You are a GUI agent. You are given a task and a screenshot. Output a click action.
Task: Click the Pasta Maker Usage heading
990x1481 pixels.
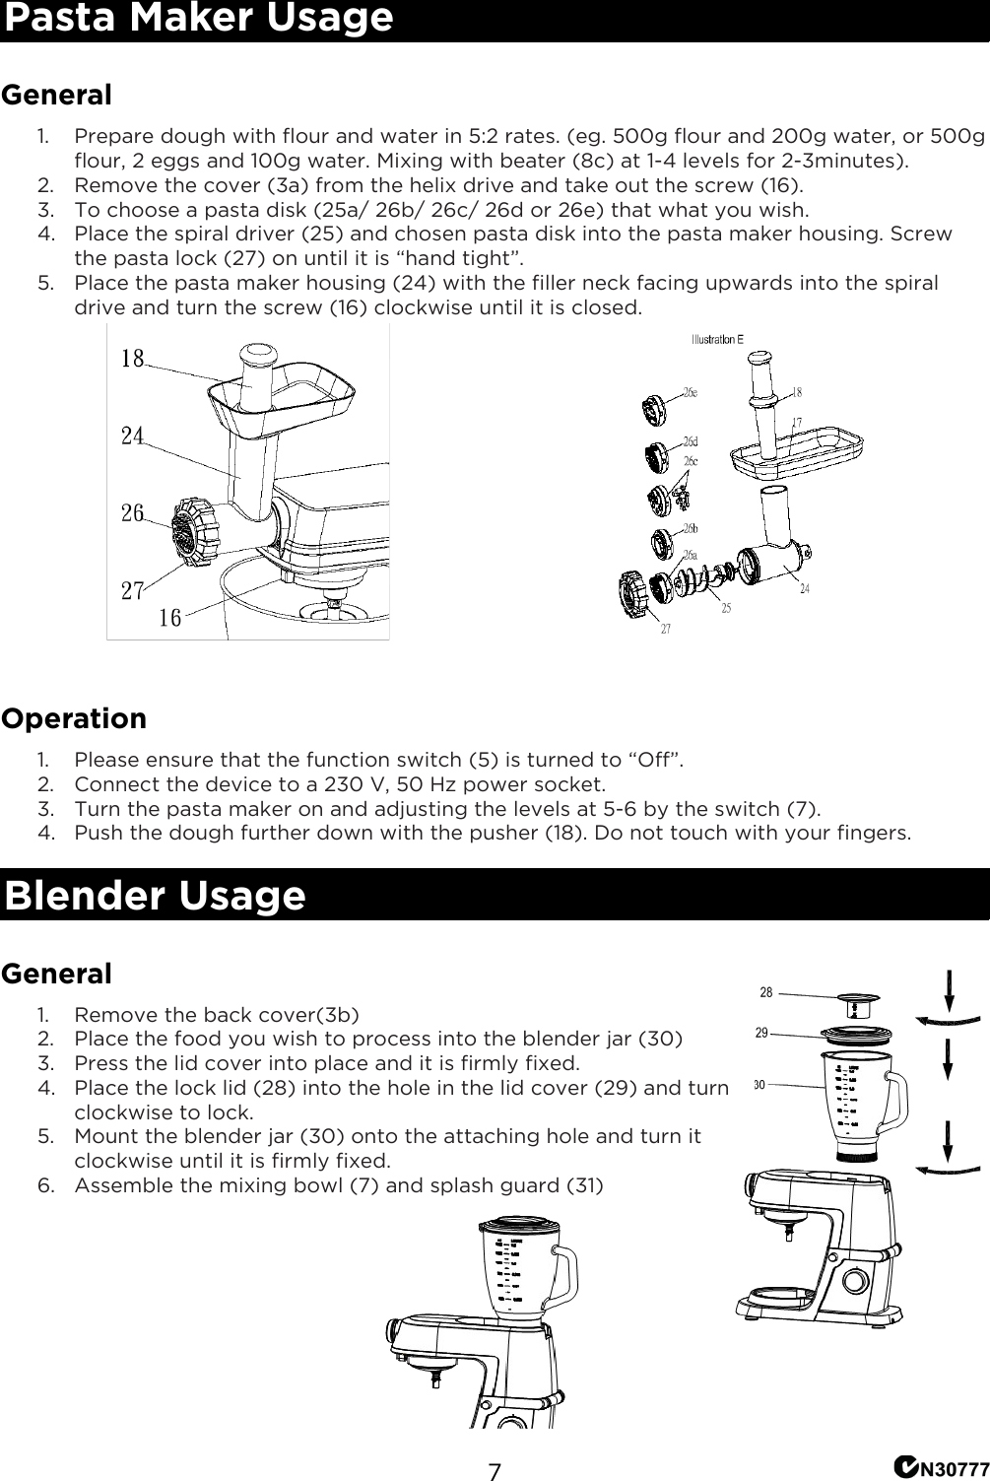[198, 20]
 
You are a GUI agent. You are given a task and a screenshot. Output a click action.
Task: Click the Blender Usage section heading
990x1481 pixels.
[155, 896]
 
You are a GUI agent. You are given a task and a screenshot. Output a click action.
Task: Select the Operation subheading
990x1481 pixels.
[74, 718]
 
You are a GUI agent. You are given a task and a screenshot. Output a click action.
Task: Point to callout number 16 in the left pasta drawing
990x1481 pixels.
[169, 618]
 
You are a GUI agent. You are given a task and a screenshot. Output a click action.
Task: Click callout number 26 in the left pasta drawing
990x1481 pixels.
[132, 513]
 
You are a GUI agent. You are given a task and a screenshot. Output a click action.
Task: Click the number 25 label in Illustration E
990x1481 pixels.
[726, 609]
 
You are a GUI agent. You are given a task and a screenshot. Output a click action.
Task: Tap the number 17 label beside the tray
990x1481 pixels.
[796, 423]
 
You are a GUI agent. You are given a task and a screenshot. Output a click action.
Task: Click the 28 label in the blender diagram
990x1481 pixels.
[766, 993]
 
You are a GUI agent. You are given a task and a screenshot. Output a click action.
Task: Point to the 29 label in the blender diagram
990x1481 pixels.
[761, 1033]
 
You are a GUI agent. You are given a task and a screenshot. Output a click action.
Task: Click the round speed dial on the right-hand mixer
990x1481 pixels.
[854, 1281]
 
